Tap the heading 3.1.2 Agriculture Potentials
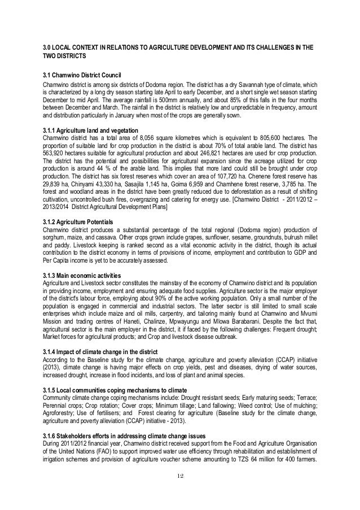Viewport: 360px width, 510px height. tap(80, 220)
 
